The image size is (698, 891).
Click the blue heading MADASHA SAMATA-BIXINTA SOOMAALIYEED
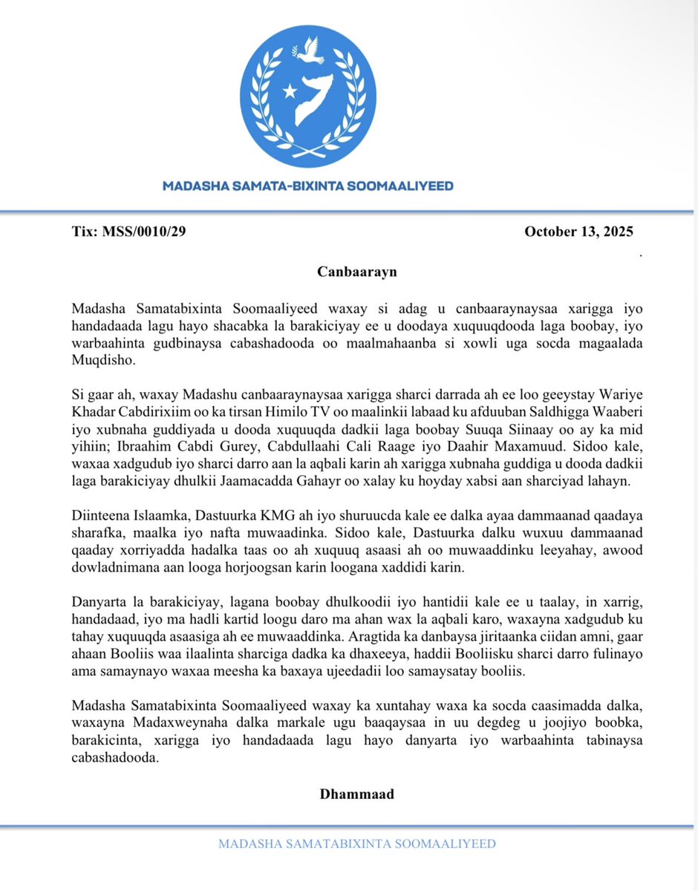tap(308, 186)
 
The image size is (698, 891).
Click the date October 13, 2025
tap(578, 232)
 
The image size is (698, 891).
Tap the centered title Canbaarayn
tap(356, 271)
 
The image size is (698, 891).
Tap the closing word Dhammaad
tap(356, 794)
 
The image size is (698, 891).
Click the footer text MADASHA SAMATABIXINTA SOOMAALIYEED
tap(357, 844)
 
